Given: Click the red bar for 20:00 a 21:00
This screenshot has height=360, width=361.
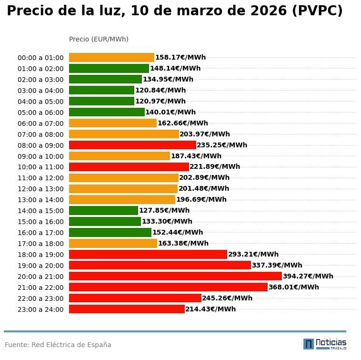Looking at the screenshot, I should (x=175, y=276).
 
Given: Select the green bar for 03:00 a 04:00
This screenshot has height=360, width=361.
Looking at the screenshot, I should (x=101, y=90).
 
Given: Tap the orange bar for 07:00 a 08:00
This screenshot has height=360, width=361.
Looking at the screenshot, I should (x=124, y=134).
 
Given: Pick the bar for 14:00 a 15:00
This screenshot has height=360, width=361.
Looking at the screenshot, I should (x=103, y=210).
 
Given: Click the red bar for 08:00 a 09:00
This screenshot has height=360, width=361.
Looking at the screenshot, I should (x=132, y=145).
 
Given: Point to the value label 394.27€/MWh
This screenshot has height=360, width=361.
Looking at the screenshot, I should (x=308, y=276).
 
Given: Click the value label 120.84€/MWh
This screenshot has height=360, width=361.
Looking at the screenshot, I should (x=160, y=90).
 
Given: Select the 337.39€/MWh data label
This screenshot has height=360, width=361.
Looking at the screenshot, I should (x=277, y=265).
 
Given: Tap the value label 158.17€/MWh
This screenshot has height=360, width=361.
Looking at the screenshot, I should (x=180, y=57).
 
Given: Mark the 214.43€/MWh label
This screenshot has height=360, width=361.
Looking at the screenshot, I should (x=211, y=309).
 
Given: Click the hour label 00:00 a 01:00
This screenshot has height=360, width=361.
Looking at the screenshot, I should (x=40, y=58).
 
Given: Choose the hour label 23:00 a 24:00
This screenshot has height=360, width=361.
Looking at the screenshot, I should (x=40, y=309).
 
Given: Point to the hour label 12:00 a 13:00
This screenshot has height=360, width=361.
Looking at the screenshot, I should (x=40, y=189).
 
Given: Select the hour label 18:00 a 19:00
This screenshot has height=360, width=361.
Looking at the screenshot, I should (x=40, y=255).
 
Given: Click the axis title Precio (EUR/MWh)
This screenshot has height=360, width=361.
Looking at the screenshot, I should (x=99, y=39).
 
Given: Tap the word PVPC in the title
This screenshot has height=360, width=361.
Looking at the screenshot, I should (x=317, y=11).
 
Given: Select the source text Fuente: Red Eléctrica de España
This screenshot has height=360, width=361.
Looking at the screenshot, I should (x=58, y=345).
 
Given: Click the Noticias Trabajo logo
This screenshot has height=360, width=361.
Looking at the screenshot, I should (x=325, y=344).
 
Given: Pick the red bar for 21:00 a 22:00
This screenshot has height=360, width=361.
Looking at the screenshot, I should (x=168, y=287).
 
